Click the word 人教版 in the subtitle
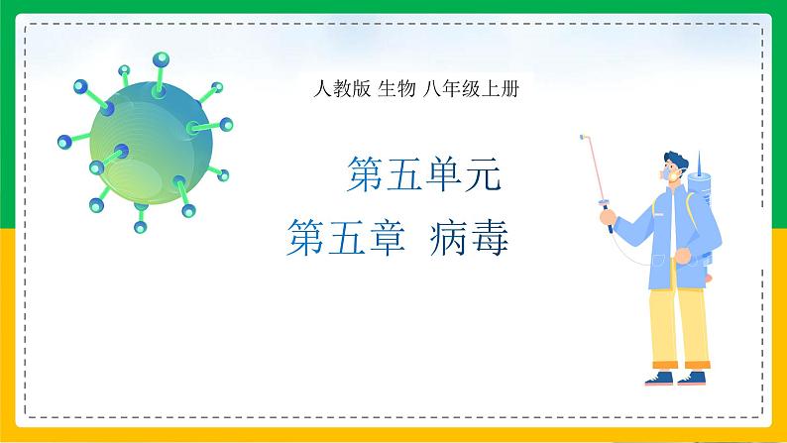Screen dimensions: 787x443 pyautogui.click(x=342, y=89)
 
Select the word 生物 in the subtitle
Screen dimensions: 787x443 pyautogui.click(x=396, y=89)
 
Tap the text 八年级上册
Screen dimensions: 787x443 pyautogui.click(x=470, y=89)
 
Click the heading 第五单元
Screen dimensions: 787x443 pyautogui.click(x=424, y=173)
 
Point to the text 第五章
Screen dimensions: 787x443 pyautogui.click(x=346, y=237)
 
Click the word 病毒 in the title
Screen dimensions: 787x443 pyautogui.click(x=469, y=237)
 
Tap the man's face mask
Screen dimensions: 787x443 pyautogui.click(x=670, y=174)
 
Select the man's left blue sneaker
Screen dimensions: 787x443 pyautogui.click(x=659, y=379)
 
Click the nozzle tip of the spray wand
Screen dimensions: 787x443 pyautogui.click(x=582, y=137)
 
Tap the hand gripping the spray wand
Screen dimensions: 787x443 pyautogui.click(x=608, y=217)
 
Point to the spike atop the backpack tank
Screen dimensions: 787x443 pyautogui.click(x=699, y=161)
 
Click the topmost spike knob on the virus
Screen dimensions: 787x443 pyautogui.click(x=161, y=59)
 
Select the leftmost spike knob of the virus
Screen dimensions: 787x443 pyautogui.click(x=64, y=142)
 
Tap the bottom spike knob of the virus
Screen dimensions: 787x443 pyautogui.click(x=141, y=227)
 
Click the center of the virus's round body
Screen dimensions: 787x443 pyautogui.click(x=151, y=144)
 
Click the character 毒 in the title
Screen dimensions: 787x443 pyautogui.click(x=490, y=237)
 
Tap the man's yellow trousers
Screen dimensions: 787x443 pyautogui.click(x=680, y=326)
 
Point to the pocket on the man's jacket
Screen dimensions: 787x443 pyautogui.click(x=658, y=261)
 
